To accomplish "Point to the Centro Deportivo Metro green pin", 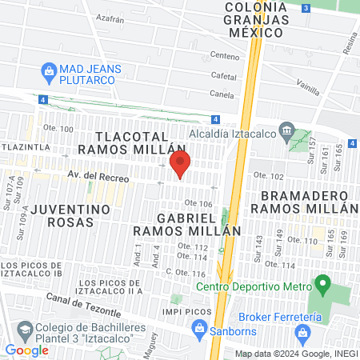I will pyautogui.click(x=322, y=283).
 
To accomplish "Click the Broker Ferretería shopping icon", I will pyautogui.click(x=302, y=331).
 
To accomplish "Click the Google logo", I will pyautogui.click(x=26, y=350).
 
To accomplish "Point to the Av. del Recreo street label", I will pyautogui.click(x=98, y=177).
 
